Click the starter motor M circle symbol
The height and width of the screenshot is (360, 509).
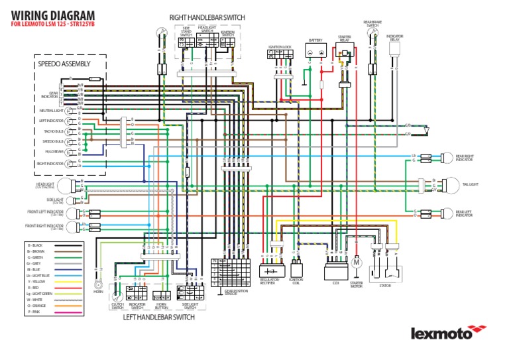click(357, 263)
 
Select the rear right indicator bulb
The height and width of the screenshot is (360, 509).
click(445, 157)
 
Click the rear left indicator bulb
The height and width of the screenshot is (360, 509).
click(445, 213)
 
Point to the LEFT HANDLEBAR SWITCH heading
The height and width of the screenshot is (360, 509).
click(160, 317)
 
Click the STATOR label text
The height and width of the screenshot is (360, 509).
click(385, 286)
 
